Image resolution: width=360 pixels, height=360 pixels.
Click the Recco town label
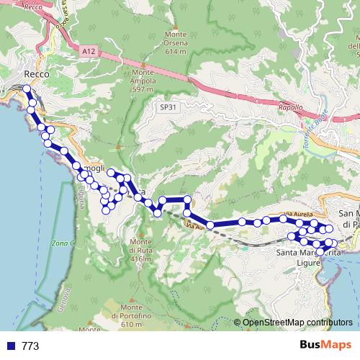tap(35, 74)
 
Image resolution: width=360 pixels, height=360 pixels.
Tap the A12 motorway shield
tap(88, 51)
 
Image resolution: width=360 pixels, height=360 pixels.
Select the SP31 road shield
tap(167, 106)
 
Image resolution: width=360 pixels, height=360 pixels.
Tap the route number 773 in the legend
tap(30, 346)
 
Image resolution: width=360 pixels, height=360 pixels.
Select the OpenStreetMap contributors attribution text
tap(297, 323)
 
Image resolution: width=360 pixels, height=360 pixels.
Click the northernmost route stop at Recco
tap(27, 89)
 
